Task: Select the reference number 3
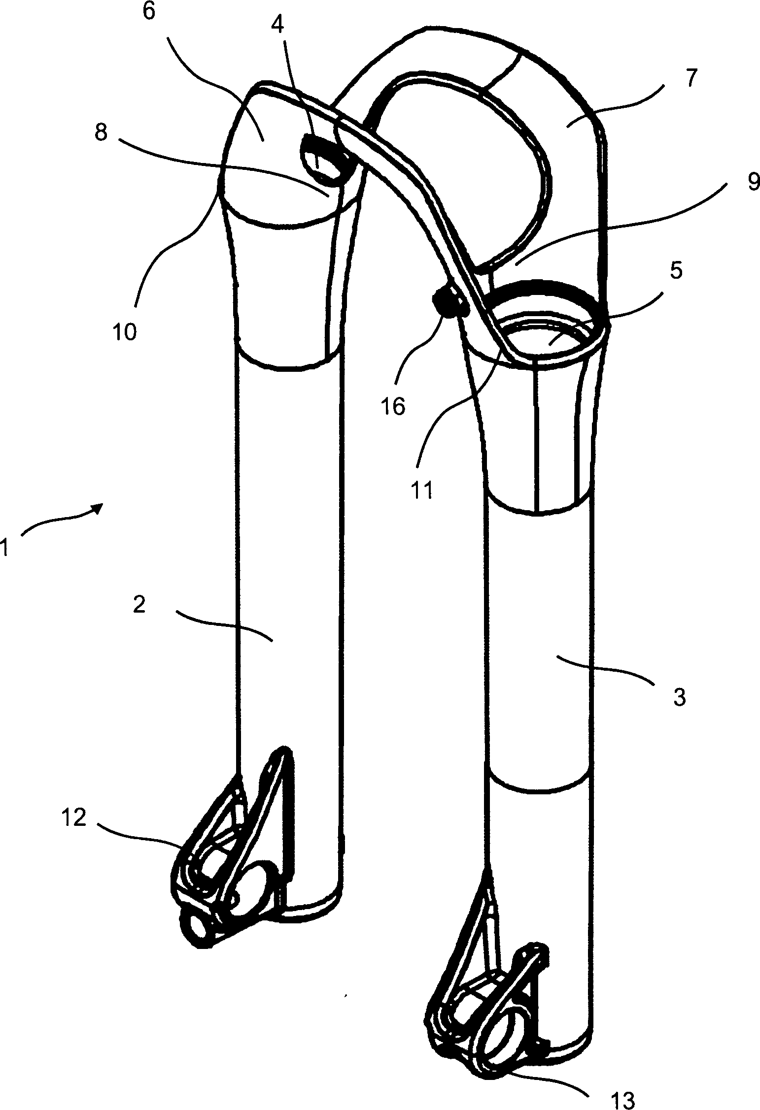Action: tap(679, 697)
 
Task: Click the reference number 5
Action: tap(676, 270)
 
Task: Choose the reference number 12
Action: tap(74, 818)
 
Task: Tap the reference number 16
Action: tap(393, 406)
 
